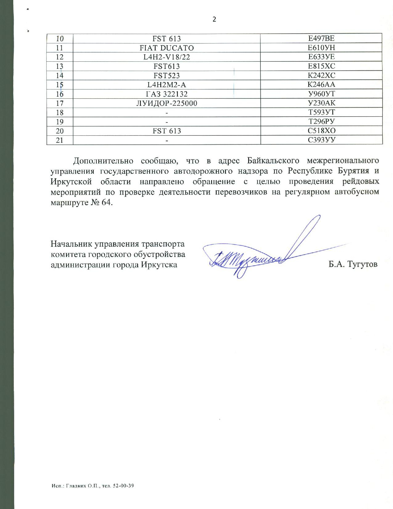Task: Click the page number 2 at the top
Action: point(214,19)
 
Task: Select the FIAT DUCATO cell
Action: point(166,48)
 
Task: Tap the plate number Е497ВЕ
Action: point(321,39)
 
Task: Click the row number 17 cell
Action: point(60,103)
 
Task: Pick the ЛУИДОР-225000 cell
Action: point(166,103)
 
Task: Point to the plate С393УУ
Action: point(321,140)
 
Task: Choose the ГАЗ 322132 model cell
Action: point(166,94)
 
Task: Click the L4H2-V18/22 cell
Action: point(166,57)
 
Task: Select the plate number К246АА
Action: point(321,85)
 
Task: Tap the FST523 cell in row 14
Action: point(166,76)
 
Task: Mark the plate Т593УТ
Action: point(321,112)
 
